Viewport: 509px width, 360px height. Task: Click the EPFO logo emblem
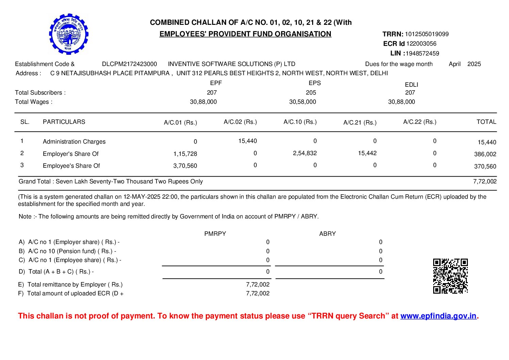[69, 34]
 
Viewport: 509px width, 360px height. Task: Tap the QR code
[450, 276]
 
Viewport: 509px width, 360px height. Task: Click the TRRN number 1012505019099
[427, 34]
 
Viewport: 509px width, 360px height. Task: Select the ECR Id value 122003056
[421, 44]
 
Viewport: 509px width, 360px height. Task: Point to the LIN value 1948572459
[422, 53]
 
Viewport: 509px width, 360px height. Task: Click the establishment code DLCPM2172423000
[130, 64]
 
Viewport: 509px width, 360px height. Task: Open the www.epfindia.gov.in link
[438, 316]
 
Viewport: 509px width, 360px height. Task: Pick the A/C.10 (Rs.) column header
[300, 122]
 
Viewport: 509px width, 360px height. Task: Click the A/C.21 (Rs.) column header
[360, 122]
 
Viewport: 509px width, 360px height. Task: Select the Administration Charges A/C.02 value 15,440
[248, 141]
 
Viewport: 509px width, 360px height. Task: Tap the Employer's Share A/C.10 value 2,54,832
[305, 153]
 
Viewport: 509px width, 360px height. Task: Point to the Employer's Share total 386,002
[485, 154]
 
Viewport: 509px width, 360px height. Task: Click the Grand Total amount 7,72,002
[485, 181]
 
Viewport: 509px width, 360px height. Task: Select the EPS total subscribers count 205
[311, 93]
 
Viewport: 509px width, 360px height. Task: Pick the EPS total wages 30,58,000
[302, 102]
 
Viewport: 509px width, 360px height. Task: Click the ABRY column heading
[327, 234]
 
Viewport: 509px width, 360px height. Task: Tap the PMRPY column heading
[215, 234]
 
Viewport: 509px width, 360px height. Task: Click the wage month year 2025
[474, 64]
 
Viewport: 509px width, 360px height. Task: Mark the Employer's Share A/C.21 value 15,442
[367, 153]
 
